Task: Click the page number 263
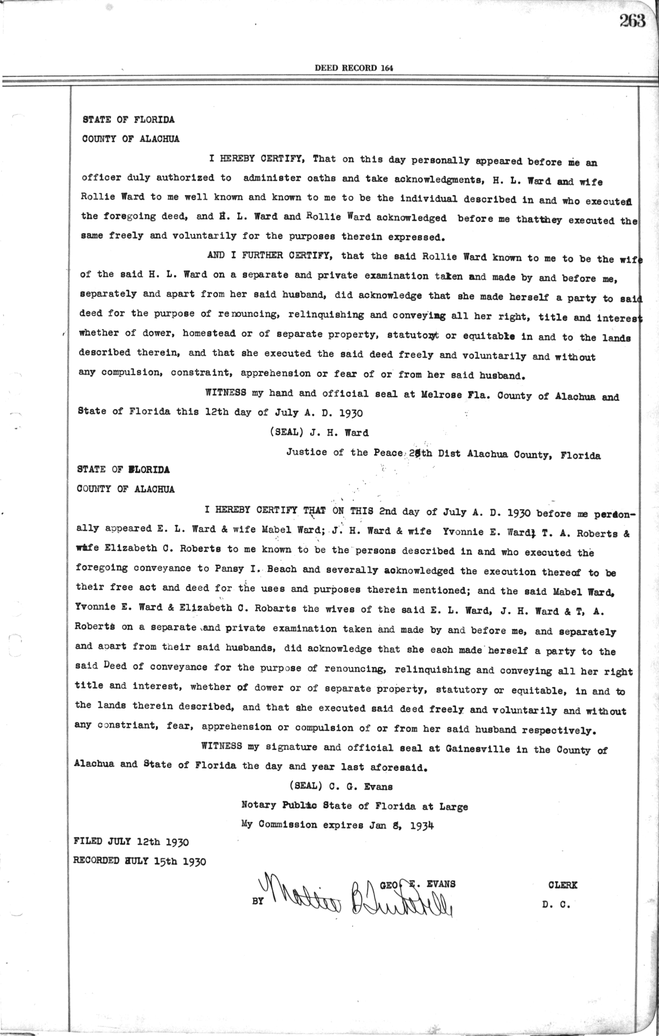tap(632, 21)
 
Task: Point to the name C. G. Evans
tap(361, 786)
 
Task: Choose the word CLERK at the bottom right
tap(563, 885)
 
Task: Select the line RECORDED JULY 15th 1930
tap(139, 861)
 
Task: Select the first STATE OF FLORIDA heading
tap(129, 119)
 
